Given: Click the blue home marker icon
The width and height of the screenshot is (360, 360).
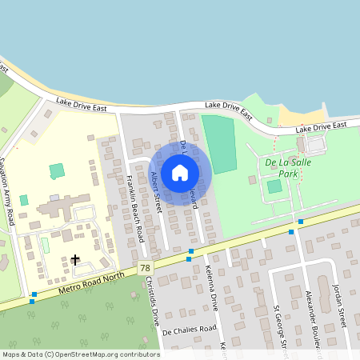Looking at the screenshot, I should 180,172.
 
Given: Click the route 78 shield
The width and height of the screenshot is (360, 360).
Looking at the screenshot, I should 143,267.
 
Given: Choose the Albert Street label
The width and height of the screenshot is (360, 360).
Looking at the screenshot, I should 157,192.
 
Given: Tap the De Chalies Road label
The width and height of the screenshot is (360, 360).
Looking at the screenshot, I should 190,329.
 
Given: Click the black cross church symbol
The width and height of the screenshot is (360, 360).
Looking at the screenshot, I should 75,259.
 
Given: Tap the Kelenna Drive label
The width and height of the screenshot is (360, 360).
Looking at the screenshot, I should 211,287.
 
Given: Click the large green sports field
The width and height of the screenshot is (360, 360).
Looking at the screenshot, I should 218,144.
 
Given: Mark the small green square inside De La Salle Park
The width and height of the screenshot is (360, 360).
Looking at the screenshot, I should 274,186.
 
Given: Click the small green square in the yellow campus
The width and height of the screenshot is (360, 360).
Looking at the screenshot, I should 56,170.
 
